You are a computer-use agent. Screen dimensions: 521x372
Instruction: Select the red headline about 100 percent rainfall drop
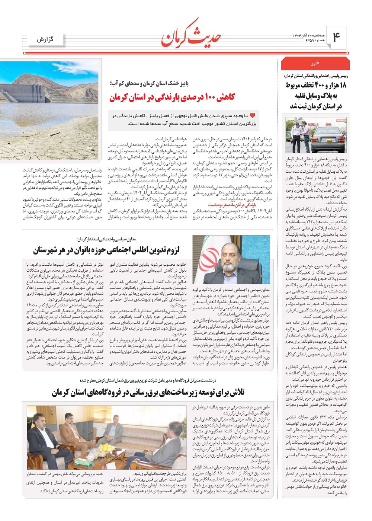172,98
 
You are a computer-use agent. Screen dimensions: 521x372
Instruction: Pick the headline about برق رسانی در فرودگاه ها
148,392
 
